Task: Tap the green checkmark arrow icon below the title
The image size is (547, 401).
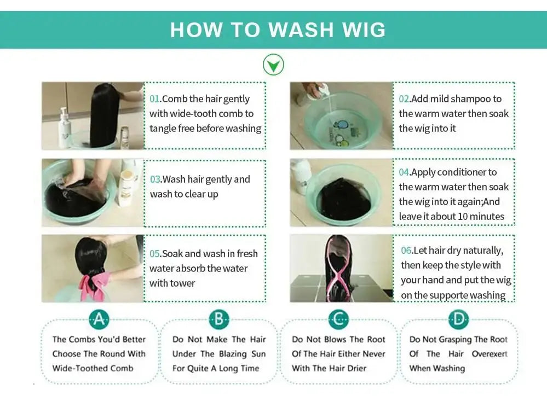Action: pyautogui.click(x=273, y=65)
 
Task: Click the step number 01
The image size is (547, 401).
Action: pyautogui.click(x=155, y=99)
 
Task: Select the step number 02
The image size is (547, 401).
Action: pyautogui.click(x=404, y=99)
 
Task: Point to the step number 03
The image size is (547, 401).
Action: pyautogui.click(x=156, y=179)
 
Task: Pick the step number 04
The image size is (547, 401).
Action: pyautogui.click(x=404, y=172)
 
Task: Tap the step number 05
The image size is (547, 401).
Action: pyautogui.click(x=156, y=254)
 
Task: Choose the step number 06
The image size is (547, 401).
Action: pyautogui.click(x=406, y=251)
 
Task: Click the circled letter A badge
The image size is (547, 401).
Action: pyautogui.click(x=99, y=319)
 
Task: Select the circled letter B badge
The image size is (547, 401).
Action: pyautogui.click(x=218, y=319)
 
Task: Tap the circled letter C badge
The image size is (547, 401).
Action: pyautogui.click(x=338, y=319)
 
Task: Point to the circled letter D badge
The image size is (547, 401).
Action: pyautogui.click(x=458, y=319)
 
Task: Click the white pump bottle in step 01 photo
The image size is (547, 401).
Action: pyautogui.click(x=65, y=127)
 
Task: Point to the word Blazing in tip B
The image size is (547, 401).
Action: pyautogui.click(x=233, y=354)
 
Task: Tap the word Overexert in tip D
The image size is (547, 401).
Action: pyautogui.click(x=490, y=354)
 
